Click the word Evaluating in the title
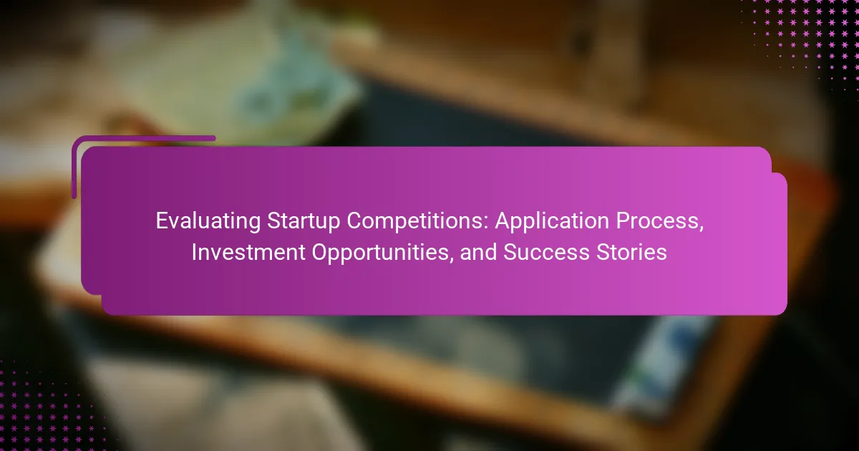click(208, 222)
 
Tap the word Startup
click(303, 222)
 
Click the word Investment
click(248, 252)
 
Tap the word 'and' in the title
click(478, 252)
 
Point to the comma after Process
click(702, 228)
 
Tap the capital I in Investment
click(194, 252)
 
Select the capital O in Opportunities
click(320, 252)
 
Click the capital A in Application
click(503, 221)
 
